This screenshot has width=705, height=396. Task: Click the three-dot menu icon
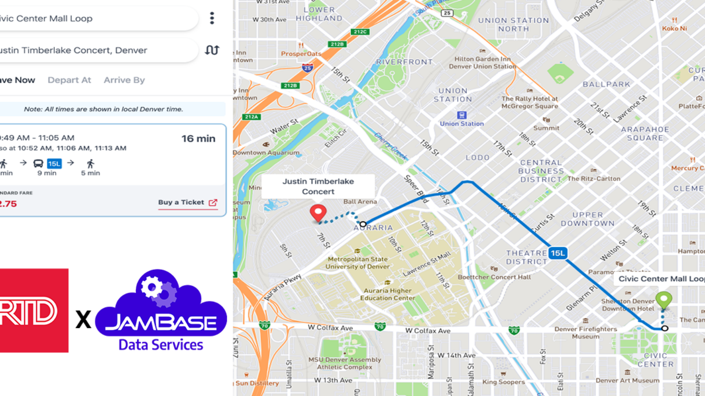tap(212, 18)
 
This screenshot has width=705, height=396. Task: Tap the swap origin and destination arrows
tap(212, 50)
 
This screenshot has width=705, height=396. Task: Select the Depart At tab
tap(69, 80)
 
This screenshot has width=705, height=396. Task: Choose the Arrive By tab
tap(124, 80)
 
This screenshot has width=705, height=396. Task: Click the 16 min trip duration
tap(198, 139)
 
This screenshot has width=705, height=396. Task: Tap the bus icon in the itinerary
tap(38, 164)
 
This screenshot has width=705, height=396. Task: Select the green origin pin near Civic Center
tap(664, 300)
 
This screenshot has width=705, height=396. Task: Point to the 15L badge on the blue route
tap(557, 253)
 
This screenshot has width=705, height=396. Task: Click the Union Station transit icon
tap(461, 115)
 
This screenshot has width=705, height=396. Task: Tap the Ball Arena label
tap(360, 202)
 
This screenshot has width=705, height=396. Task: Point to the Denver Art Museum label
tap(627, 380)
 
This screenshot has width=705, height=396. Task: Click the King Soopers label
tap(504, 382)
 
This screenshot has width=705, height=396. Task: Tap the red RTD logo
tap(33, 310)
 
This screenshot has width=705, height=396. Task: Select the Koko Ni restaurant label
tap(674, 28)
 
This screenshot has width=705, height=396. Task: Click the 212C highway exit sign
tap(360, 32)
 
